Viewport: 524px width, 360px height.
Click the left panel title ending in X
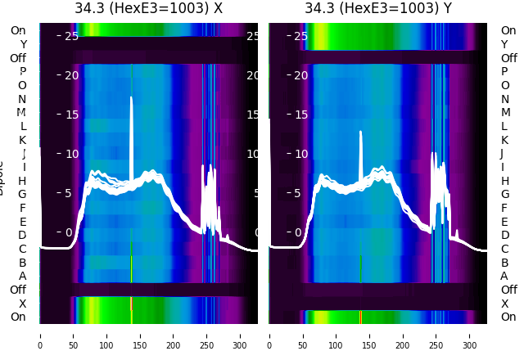click(148, 9)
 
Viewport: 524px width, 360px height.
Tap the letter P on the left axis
click(23, 71)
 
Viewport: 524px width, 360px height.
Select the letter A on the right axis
click(504, 276)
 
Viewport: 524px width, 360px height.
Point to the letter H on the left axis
click(23, 181)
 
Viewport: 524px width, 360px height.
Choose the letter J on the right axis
click(502, 153)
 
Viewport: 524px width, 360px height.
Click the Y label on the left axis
click(23, 44)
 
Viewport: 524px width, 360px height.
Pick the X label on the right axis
click(504, 304)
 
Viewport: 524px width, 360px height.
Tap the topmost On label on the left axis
click(18, 30)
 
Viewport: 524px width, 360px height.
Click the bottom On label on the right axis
click(508, 317)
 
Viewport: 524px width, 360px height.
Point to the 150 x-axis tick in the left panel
click(139, 335)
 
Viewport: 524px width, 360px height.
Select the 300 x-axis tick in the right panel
click(470, 335)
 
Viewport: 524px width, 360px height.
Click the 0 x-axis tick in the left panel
click(39, 335)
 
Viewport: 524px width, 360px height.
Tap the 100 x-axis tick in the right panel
click(337, 335)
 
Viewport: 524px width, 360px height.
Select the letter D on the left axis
click(23, 236)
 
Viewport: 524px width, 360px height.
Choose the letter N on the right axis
click(504, 99)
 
